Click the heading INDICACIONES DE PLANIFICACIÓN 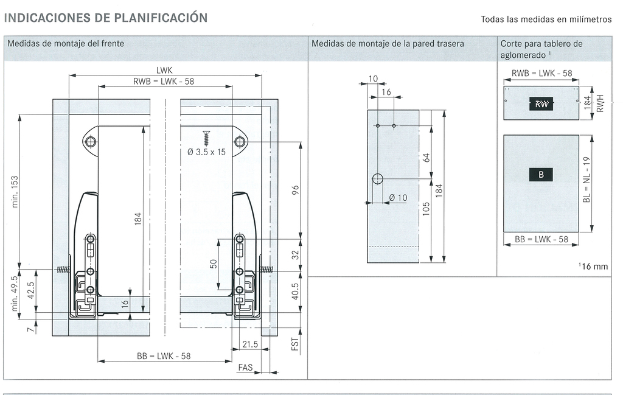pyautogui.click(x=106, y=18)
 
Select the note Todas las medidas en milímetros pyautogui.click(x=546, y=19)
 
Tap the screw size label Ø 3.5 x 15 pyautogui.click(x=207, y=152)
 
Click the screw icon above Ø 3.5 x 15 pyautogui.click(x=206, y=136)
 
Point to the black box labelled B pyautogui.click(x=541, y=175)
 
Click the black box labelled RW pyautogui.click(x=541, y=104)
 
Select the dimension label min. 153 pyautogui.click(x=16, y=190)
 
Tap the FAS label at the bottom pyautogui.click(x=245, y=368)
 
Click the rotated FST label pyautogui.click(x=295, y=344)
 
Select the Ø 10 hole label pyautogui.click(x=398, y=198)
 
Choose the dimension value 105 pyautogui.click(x=426, y=209)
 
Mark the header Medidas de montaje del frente pyautogui.click(x=66, y=44)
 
